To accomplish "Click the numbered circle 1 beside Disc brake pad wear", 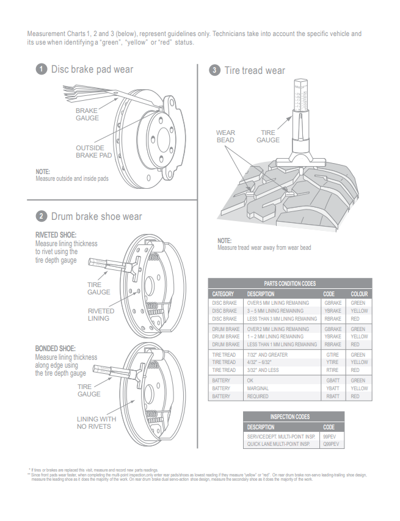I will click(41, 70).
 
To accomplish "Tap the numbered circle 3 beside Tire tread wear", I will click(214, 70).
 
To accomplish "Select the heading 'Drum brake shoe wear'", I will click(96, 216).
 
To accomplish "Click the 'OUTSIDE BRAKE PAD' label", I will click(93, 151).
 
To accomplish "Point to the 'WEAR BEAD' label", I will click(225, 136).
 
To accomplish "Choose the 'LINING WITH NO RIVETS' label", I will click(96, 423).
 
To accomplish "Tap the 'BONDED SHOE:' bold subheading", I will click(56, 349).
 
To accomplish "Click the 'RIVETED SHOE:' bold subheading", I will click(56, 235).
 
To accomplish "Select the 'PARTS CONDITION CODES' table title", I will click(289, 284).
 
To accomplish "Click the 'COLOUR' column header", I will click(359, 294).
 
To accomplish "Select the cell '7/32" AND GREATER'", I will click(267, 355).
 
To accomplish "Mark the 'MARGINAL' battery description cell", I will click(258, 388).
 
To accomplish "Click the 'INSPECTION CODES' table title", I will click(290, 417).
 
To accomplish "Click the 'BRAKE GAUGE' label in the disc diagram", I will click(87, 114).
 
